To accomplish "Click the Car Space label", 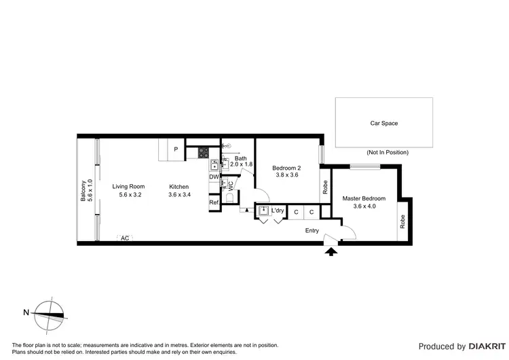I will tap(383, 123).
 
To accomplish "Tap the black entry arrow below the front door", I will tap(331, 252).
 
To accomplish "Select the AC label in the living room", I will tap(124, 238).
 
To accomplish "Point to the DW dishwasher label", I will tap(214, 177).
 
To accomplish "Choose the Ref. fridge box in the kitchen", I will tap(214, 202).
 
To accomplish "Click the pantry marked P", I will tap(176, 149).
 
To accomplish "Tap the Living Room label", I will tap(128, 186).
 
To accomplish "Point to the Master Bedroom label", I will tap(364, 198).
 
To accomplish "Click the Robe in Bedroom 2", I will tap(326, 186).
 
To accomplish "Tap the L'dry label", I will tap(278, 211).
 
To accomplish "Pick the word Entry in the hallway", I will tap(312, 230).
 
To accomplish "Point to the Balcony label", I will tap(83, 191).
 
